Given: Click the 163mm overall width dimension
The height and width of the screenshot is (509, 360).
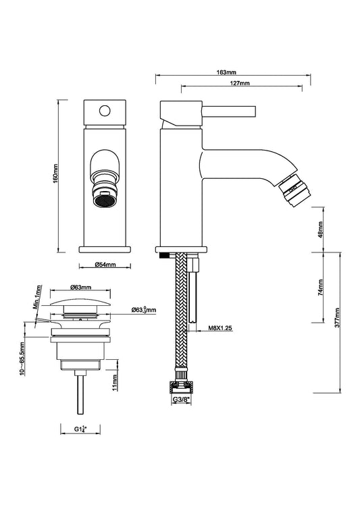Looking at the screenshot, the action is pyautogui.click(x=230, y=72).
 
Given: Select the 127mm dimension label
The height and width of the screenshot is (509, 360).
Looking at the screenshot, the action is pyautogui.click(x=240, y=83).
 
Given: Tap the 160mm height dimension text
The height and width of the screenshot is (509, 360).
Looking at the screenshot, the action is pyautogui.click(x=55, y=176).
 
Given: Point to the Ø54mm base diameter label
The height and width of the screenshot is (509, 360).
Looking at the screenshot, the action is pyautogui.click(x=105, y=265).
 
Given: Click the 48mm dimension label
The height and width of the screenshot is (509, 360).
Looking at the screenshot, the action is pyautogui.click(x=321, y=229).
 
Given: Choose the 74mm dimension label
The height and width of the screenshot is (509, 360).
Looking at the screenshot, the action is pyautogui.click(x=321, y=288).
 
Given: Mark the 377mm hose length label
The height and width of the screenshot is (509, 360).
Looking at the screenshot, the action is pyautogui.click(x=337, y=317).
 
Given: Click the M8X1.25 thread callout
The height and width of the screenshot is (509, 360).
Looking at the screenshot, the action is pyautogui.click(x=220, y=328).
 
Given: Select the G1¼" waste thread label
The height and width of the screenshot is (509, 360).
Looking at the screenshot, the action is pyautogui.click(x=80, y=429).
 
